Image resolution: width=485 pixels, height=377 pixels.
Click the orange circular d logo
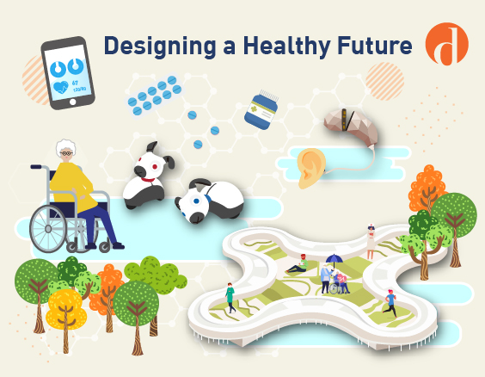(446, 44)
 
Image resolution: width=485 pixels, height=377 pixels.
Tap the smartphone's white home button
(73, 102)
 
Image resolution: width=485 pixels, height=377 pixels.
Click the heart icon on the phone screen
(60, 87)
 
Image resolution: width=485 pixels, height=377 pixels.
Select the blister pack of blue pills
(155, 96)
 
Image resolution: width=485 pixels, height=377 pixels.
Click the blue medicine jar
(261, 110)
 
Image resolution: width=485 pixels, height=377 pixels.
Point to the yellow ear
(311, 168)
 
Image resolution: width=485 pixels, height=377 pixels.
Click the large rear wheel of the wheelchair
(48, 228)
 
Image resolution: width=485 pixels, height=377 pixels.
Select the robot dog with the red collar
(147, 176)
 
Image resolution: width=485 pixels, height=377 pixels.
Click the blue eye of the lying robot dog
(196, 201)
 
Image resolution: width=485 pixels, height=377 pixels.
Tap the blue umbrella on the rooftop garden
(335, 259)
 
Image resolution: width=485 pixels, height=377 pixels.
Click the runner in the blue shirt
(390, 303)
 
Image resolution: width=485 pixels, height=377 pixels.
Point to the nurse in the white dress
(371, 242)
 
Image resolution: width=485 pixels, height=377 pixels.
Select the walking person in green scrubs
(230, 298)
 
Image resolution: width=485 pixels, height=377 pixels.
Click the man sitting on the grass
(298, 264)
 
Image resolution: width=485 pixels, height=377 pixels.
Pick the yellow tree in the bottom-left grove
(65, 311)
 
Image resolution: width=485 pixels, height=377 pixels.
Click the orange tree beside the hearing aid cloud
(427, 189)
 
